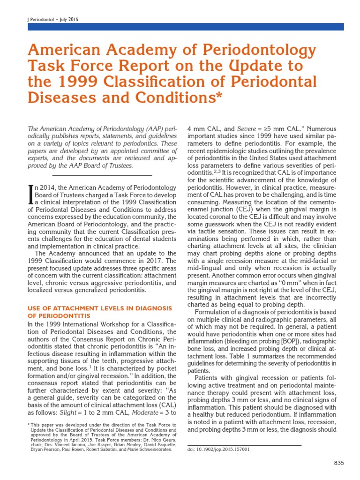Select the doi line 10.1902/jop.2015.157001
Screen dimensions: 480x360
(x=218, y=449)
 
